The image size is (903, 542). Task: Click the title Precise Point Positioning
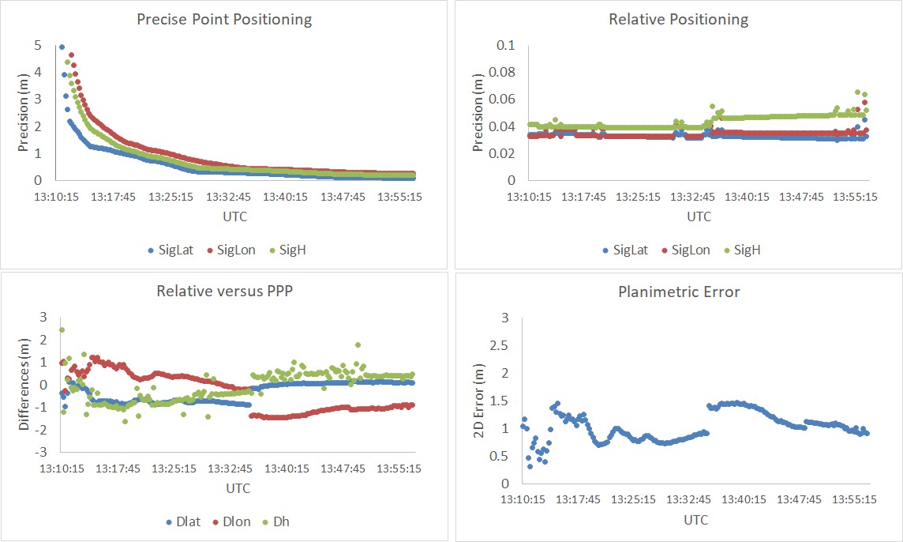[x=224, y=19]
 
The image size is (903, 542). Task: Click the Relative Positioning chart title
[x=678, y=19]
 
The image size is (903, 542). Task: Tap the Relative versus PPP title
[x=224, y=291]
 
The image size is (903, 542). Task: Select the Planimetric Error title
[x=678, y=292]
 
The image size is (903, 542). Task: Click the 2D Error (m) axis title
[x=478, y=400]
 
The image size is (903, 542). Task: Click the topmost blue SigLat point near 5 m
[x=62, y=47]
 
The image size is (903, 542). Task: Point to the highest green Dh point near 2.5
[x=62, y=330]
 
